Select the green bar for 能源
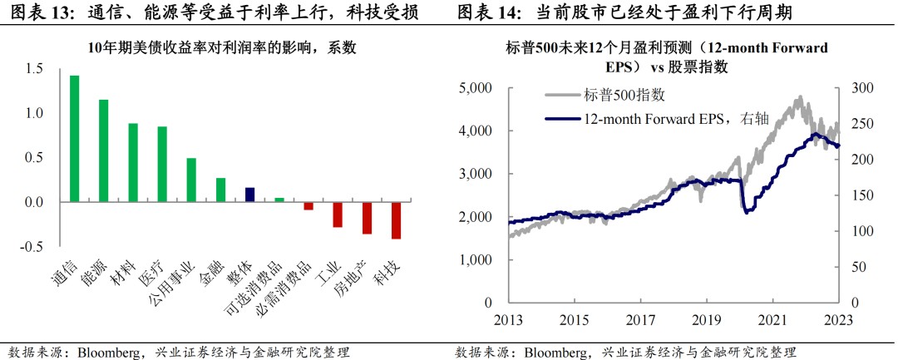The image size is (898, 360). (x=104, y=150)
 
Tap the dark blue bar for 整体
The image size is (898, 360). (x=249, y=195)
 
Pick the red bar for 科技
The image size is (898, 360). (x=396, y=220)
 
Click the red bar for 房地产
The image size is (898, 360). (x=367, y=218)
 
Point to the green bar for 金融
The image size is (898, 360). (x=220, y=190)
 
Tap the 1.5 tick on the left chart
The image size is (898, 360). (x=34, y=69)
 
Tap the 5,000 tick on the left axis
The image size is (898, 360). (x=475, y=88)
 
